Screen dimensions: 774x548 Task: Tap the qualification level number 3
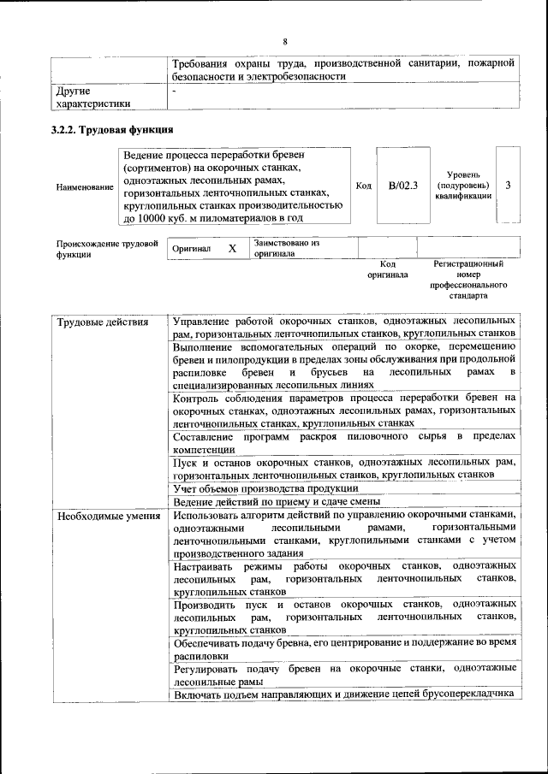[509, 186]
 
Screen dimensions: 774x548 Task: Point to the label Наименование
[85, 186]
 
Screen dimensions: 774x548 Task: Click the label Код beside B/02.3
[363, 186]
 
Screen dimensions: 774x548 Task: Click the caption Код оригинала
[388, 270]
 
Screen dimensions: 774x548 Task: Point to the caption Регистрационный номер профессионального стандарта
[469, 281]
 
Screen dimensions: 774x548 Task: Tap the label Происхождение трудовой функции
[107, 248]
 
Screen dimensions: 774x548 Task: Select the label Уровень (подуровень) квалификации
[463, 186]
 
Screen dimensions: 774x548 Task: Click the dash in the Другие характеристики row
[175, 89]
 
